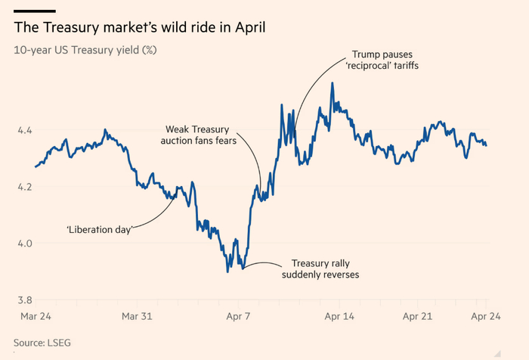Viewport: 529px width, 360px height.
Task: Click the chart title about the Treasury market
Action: (140, 28)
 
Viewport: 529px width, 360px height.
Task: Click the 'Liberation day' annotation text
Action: (99, 229)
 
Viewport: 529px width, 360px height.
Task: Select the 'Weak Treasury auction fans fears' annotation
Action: (199, 135)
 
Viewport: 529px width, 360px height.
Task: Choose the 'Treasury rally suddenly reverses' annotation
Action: (320, 268)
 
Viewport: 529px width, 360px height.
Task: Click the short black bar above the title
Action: (35, 11)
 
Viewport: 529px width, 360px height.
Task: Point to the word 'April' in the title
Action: (246, 28)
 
